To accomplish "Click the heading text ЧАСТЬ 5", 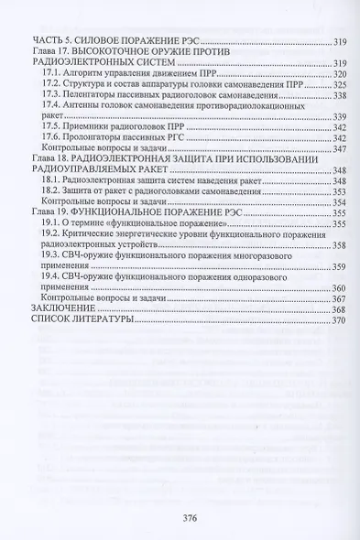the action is click(54, 43).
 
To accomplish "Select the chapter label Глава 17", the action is click(51, 54).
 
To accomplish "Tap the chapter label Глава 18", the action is click(51, 159).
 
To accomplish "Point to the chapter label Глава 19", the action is click(51, 211).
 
